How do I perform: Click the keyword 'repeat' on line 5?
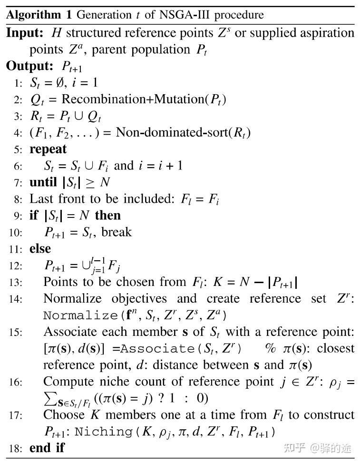pyautogui.click(x=48, y=149)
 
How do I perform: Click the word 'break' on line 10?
pyautogui.click(x=117, y=232)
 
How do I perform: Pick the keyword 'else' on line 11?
pyautogui.click(x=40, y=248)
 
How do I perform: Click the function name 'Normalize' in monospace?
pyautogui.click(x=80, y=315)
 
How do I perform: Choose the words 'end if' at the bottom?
pyautogui.click(x=47, y=448)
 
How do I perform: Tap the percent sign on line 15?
pyautogui.click(x=271, y=348)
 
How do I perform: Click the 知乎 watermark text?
pyautogui.click(x=295, y=448)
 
